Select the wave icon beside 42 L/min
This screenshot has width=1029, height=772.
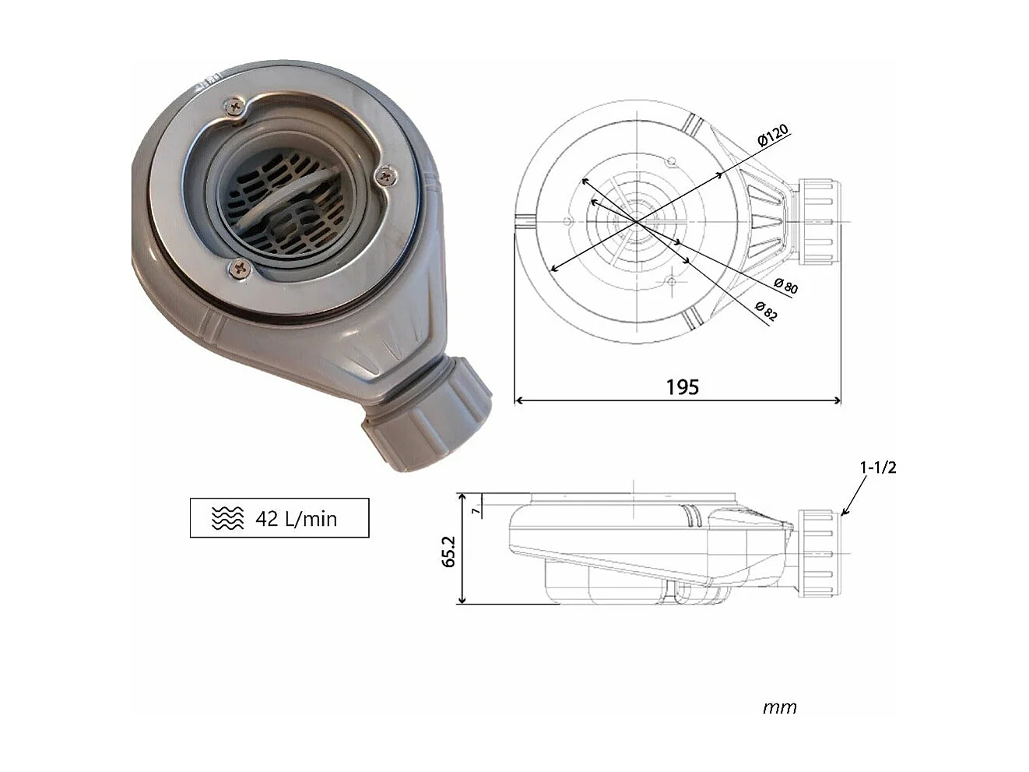227,518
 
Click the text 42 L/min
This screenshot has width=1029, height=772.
297,519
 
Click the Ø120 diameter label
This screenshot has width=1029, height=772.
772,135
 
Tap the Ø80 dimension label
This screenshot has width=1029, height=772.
786,286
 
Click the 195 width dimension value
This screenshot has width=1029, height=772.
682,386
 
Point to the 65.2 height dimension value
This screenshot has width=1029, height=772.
449,550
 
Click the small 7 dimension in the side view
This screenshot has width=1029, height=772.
475,510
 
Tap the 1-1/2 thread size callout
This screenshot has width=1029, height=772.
878,467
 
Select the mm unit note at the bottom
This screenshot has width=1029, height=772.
779,707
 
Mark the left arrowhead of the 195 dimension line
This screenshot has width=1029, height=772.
520,401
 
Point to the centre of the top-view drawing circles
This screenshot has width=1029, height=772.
637,222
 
